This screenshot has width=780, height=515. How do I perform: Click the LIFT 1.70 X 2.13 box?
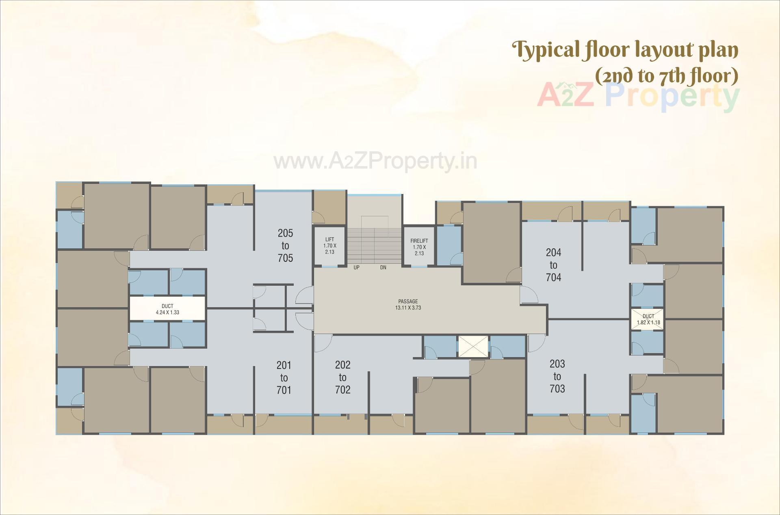click(x=329, y=246)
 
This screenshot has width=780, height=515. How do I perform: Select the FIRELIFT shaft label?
click(x=419, y=247)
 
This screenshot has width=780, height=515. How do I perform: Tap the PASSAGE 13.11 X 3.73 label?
click(x=408, y=304)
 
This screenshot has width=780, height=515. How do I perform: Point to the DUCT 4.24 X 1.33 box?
click(x=167, y=309)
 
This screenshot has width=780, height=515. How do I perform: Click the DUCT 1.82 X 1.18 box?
click(x=648, y=319)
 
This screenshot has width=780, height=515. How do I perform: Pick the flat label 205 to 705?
click(x=285, y=246)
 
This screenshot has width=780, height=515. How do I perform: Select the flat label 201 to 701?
click(x=284, y=378)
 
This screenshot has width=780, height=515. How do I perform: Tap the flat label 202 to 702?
click(x=342, y=377)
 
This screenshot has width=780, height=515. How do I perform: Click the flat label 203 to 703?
click(x=557, y=376)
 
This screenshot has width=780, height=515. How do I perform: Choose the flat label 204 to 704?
click(x=553, y=265)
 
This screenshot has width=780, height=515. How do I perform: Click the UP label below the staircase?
click(x=356, y=268)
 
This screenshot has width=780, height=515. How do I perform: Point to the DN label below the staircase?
click(x=383, y=268)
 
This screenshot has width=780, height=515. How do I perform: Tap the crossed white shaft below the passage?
click(x=472, y=347)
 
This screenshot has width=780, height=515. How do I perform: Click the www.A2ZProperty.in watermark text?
click(x=375, y=162)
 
